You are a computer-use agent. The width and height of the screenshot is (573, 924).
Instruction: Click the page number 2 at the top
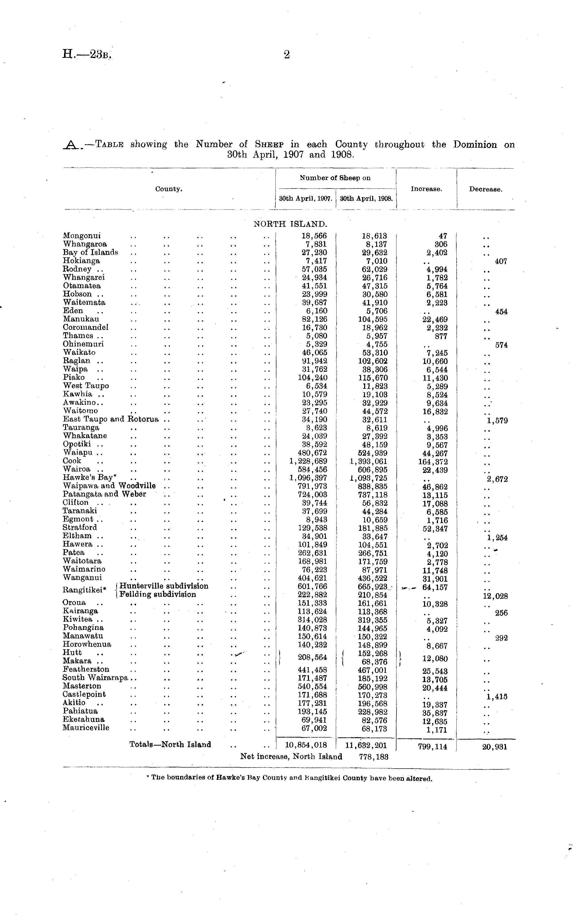286,55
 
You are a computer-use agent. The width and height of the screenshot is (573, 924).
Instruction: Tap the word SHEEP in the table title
269,144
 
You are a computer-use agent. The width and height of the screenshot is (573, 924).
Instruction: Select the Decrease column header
486,189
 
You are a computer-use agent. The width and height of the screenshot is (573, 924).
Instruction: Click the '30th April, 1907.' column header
305,198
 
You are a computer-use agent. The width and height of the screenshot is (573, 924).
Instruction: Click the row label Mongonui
82,236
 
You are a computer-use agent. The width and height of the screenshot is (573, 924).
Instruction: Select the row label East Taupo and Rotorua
111,419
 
